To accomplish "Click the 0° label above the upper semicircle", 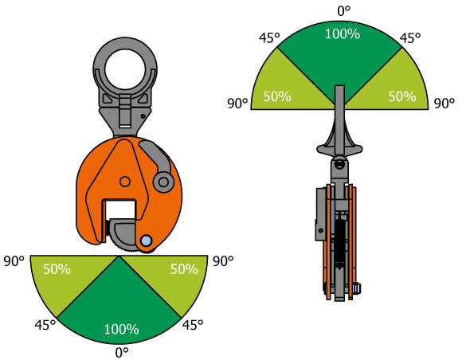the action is tap(344, 11).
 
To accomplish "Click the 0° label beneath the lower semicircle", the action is tap(122, 353).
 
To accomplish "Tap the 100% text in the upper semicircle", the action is tap(343, 34).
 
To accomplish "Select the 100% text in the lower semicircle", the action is tap(122, 329).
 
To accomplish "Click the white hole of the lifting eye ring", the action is tap(125, 70).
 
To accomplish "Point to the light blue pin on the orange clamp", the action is tap(146, 241).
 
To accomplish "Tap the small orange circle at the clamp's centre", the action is tap(125, 182).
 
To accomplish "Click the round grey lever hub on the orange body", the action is tap(163, 182).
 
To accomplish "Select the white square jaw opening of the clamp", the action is tap(120, 211).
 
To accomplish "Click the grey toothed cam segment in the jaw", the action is tap(123, 236).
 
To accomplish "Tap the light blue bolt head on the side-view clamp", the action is tap(357, 288).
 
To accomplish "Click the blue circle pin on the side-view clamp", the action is tap(339, 163).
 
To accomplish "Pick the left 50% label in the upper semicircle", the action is tap(277, 96).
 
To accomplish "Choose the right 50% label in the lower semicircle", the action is tap(184, 269).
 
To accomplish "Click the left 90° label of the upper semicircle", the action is tap(237, 104).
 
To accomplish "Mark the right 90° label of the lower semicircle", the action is tap(223, 261).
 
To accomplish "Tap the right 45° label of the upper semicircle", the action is tap(410, 37).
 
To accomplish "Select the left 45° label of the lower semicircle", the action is tap(45, 325).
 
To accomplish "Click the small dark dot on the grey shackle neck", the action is tap(143, 116).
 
